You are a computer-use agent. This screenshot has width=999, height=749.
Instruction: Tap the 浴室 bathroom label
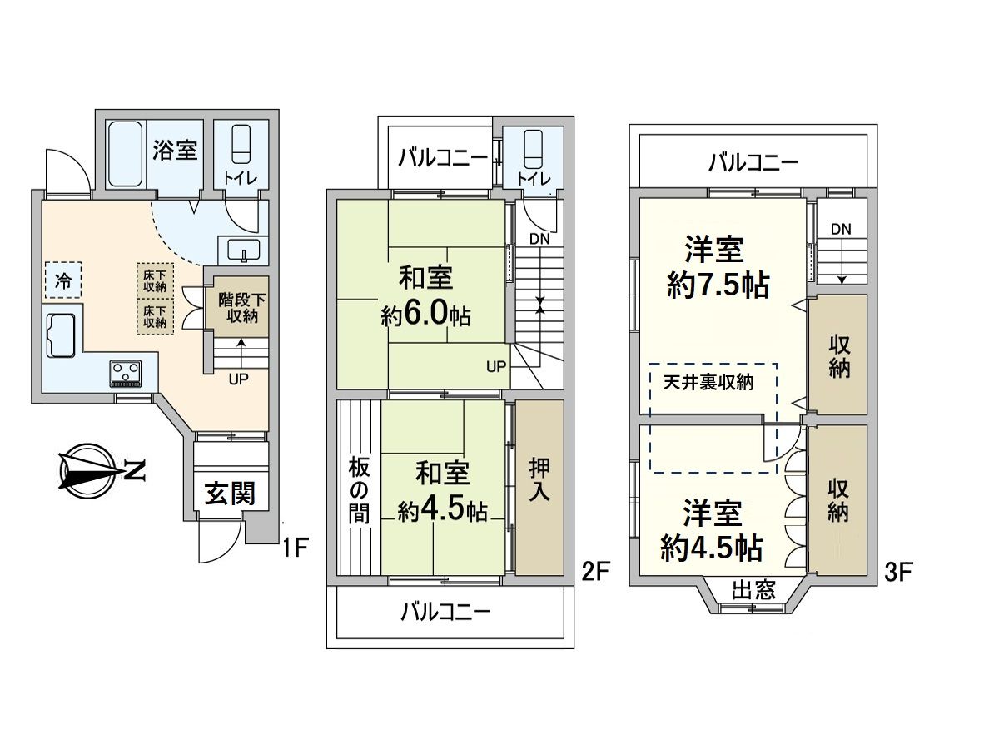[175, 151]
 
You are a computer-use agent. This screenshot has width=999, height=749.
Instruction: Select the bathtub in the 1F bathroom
[126, 154]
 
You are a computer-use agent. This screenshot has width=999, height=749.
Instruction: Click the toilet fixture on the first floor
[241, 145]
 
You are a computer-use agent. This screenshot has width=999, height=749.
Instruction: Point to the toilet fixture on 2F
[532, 149]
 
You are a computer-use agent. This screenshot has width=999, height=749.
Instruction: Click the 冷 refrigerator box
[63, 281]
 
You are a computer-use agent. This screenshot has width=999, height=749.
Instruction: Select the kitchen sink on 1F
[61, 335]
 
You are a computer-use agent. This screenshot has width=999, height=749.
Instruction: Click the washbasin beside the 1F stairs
[240, 249]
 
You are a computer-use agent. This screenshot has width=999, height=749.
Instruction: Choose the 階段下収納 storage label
[238, 307]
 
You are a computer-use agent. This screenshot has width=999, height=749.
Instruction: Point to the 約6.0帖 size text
[425, 315]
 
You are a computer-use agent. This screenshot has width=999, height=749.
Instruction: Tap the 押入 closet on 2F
[539, 487]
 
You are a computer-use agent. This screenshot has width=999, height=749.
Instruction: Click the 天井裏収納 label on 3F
[708, 383]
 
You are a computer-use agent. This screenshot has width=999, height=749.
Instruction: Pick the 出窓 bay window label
[753, 591]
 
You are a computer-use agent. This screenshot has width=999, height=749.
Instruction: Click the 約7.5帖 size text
[718, 286]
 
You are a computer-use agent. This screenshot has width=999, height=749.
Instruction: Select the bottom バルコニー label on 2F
[446, 613]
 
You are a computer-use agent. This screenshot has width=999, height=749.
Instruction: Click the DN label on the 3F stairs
[841, 228]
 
